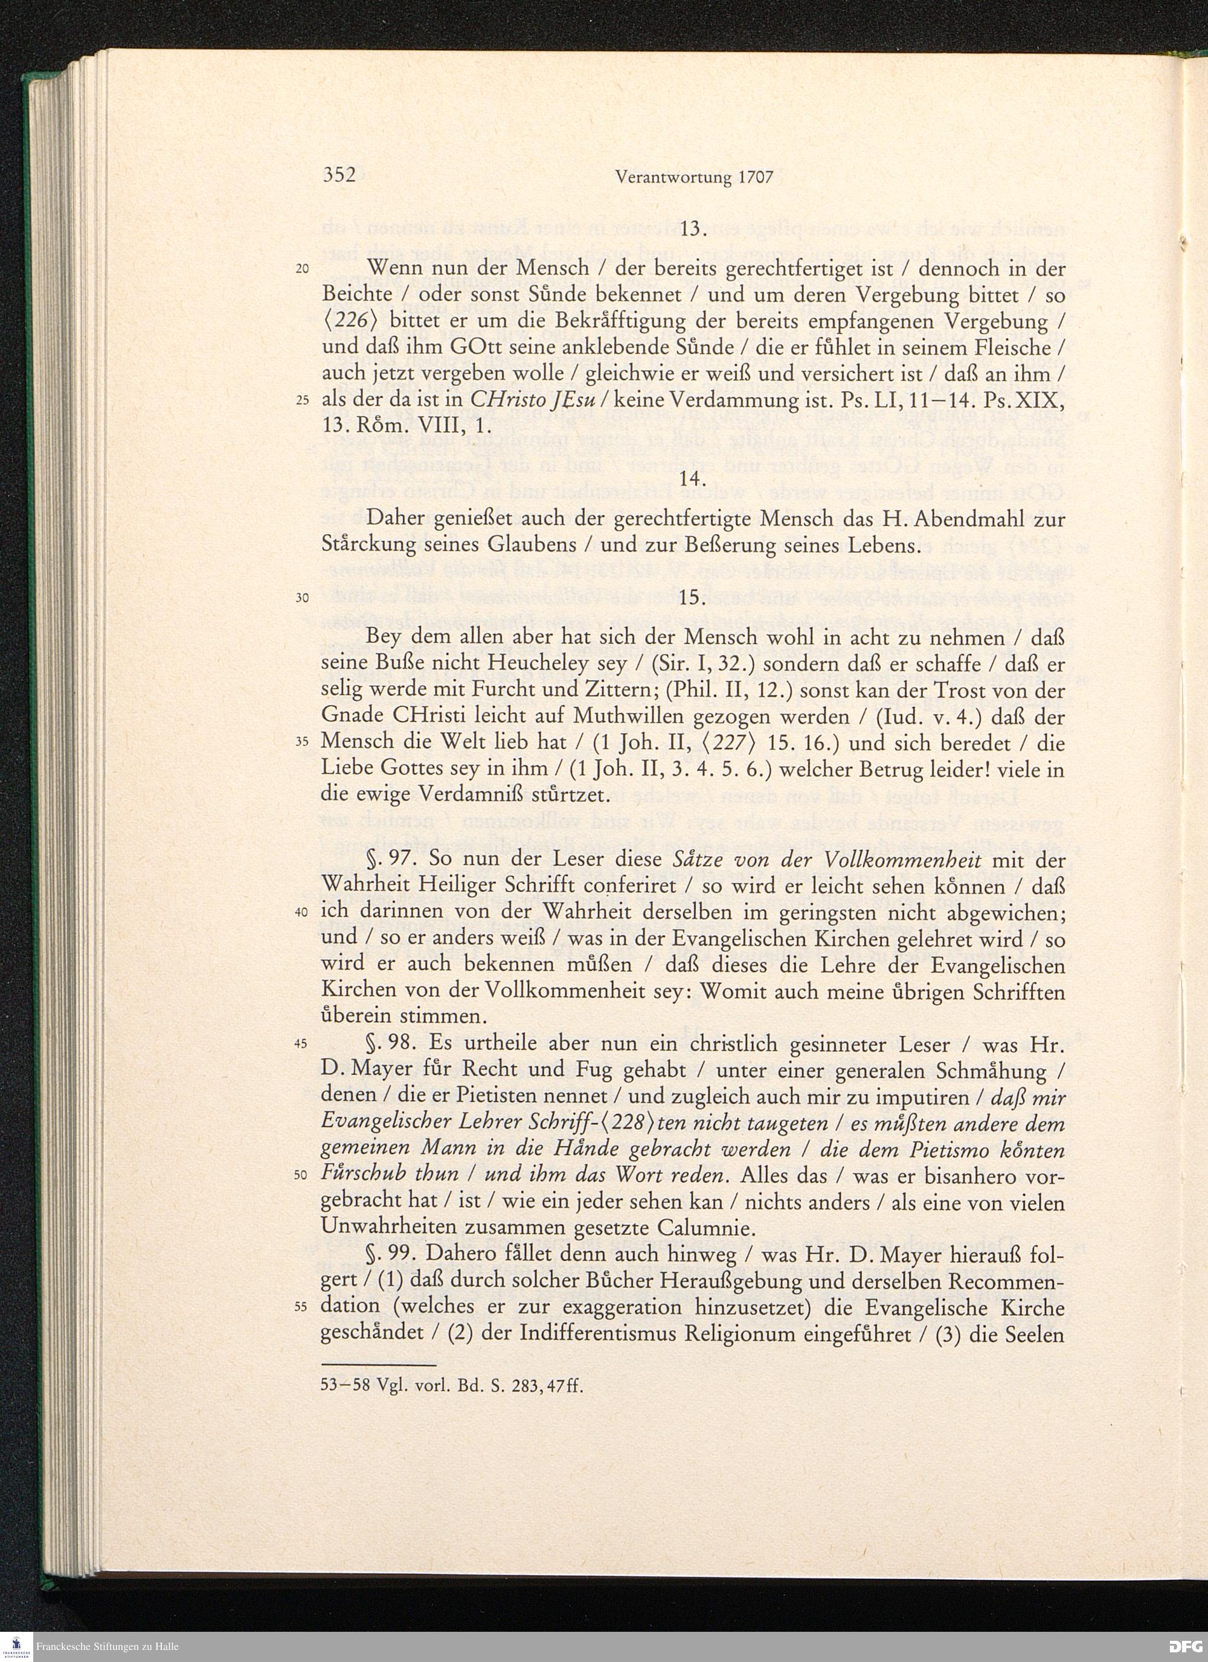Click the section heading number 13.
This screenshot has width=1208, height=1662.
tap(692, 230)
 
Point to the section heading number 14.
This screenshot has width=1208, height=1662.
tap(692, 478)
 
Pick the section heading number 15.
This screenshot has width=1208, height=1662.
tap(692, 597)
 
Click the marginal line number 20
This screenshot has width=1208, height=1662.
tap(303, 269)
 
